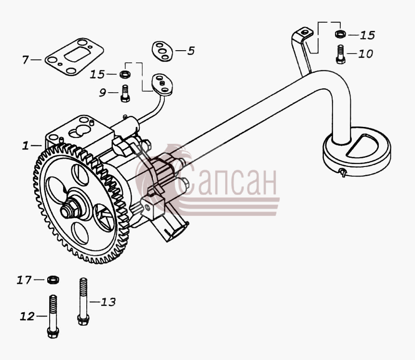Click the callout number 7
25,60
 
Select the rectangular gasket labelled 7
74,56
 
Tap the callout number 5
191,51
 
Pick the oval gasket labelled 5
162,51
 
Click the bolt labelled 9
125,93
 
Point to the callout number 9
103,93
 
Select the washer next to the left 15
125,74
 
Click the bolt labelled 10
340,55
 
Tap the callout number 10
365,54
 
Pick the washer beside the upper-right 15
340,34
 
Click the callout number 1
26,145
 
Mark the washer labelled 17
53,279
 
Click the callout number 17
24,280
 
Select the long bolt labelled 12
53,316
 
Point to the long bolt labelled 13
83,302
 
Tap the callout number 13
108,302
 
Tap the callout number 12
27,316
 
